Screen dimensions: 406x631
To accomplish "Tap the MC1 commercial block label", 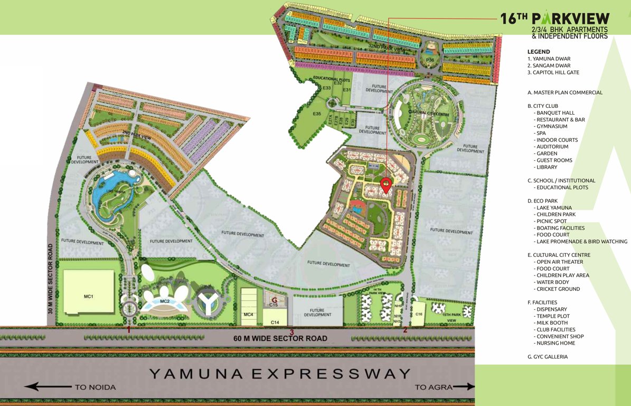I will click(x=88, y=296).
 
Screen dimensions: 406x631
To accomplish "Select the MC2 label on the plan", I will click(x=165, y=301).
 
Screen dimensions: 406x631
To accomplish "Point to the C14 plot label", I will click(x=275, y=322).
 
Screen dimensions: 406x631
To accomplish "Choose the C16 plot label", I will click(x=419, y=315).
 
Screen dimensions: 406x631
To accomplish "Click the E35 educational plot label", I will click(x=317, y=114).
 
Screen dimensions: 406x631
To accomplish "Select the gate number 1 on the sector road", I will click(x=128, y=329).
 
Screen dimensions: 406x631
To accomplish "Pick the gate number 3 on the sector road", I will click(x=291, y=331).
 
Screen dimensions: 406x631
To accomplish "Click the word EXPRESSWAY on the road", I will click(x=331, y=374).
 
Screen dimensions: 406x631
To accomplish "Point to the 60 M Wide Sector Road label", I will click(x=280, y=338).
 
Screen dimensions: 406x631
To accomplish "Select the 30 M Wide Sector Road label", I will click(x=51, y=279).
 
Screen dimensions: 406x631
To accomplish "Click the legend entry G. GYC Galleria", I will click(x=548, y=357).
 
